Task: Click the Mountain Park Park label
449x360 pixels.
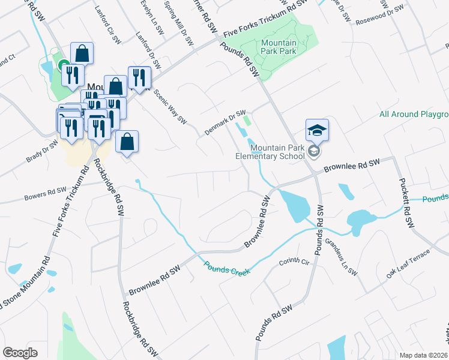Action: tap(279, 47)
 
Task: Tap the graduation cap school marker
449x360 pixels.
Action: tap(318, 130)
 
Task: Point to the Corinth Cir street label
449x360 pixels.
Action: tap(294, 263)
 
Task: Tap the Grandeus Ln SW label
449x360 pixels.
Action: tap(342, 256)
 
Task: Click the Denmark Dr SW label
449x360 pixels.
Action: tap(225, 123)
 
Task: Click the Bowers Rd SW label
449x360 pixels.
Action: tap(44, 193)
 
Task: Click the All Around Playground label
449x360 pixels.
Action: tap(414, 114)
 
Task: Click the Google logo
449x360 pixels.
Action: tap(20, 352)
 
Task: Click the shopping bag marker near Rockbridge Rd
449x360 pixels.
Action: tap(127, 143)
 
